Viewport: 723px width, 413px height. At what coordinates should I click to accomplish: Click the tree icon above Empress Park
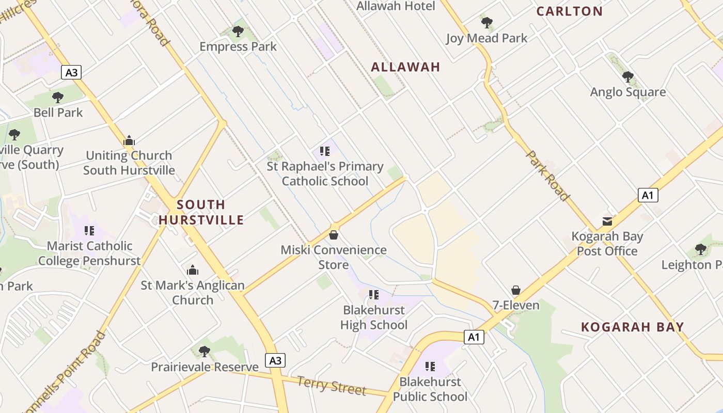pos(238,31)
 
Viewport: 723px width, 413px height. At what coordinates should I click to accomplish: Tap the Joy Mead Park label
pos(487,38)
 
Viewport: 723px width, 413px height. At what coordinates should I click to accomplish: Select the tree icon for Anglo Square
pos(628,77)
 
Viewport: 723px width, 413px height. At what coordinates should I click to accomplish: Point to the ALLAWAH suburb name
pos(405,67)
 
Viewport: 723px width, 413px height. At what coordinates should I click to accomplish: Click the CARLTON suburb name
pos(570,11)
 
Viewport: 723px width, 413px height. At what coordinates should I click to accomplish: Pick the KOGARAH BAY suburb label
pos(633,327)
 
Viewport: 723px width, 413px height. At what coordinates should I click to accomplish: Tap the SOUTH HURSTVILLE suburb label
pos(201,212)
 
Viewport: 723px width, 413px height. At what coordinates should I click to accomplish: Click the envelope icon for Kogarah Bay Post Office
pos(607,221)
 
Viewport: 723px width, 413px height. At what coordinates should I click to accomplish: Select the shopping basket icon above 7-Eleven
pos(515,290)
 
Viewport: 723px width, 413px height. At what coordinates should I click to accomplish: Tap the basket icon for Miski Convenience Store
pos(334,235)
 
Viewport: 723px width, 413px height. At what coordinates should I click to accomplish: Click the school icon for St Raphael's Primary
pos(325,151)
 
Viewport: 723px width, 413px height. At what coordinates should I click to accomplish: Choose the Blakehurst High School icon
pos(374,295)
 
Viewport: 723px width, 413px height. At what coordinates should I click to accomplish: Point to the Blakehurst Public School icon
pos(430,367)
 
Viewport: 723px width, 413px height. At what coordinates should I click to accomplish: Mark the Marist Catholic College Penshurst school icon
pos(89,231)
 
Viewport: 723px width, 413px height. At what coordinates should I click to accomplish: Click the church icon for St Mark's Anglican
pos(193,270)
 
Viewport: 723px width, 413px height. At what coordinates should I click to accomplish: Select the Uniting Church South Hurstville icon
pos(129,140)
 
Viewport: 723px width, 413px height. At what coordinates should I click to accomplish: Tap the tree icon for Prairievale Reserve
pos(205,352)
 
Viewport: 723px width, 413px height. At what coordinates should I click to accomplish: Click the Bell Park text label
pos(58,113)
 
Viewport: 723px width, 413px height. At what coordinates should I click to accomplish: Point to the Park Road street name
pos(547,176)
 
